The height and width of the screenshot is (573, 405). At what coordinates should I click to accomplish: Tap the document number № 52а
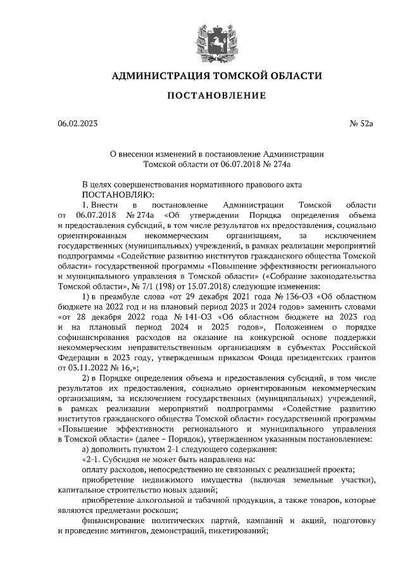(361, 123)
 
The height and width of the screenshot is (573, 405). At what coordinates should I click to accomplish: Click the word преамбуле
(123, 297)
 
